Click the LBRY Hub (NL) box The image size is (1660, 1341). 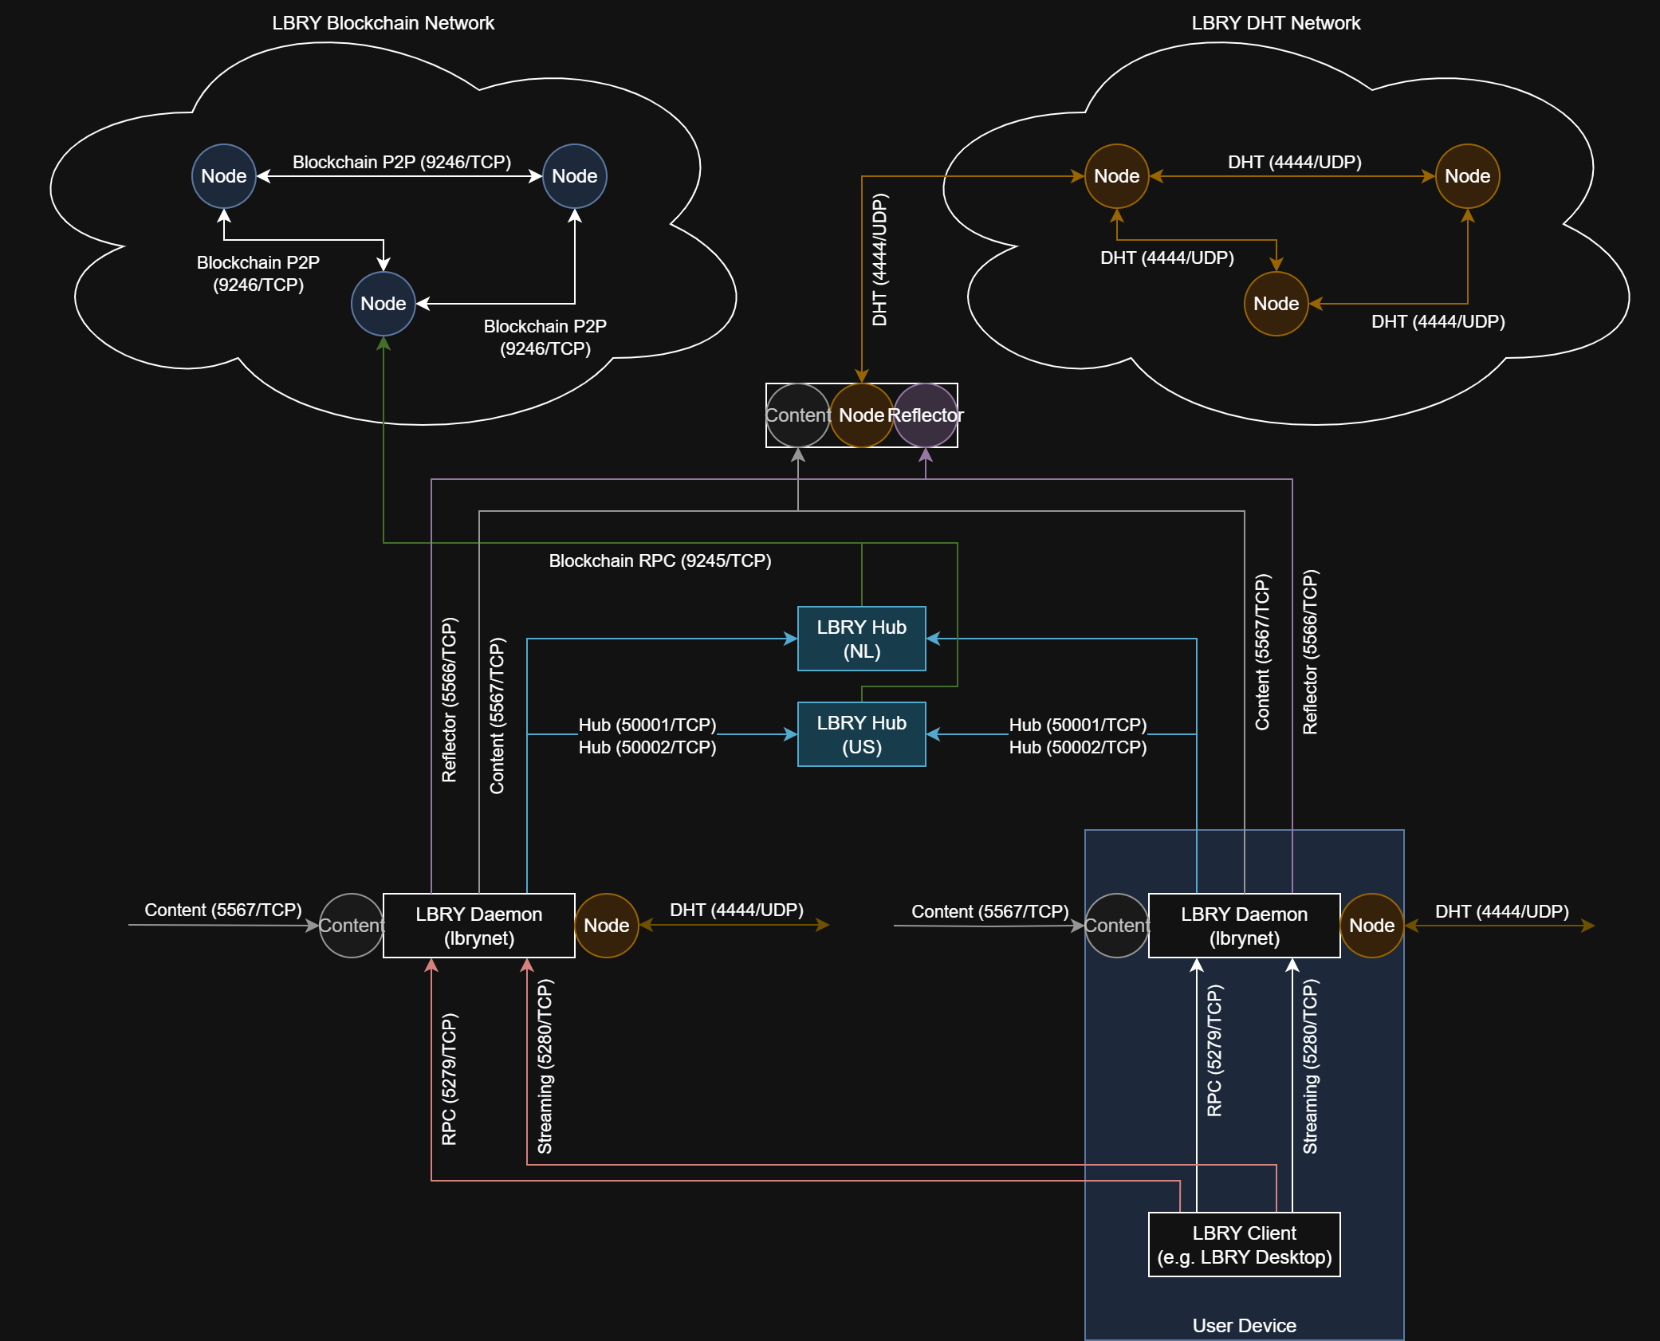point(861,639)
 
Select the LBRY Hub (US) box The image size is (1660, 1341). point(861,734)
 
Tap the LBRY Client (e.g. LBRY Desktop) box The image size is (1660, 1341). point(1244,1245)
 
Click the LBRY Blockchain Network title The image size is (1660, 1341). point(383,23)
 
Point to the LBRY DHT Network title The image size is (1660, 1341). point(1276,23)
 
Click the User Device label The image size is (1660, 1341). point(1244,1325)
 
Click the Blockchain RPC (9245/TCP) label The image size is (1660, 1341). point(659,560)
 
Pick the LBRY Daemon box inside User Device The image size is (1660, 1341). point(1244,926)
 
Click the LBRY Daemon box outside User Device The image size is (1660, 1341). point(478,926)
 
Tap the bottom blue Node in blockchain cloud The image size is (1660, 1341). point(383,304)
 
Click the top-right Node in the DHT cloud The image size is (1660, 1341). point(1467,176)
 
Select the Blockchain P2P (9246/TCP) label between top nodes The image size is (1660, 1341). point(401,162)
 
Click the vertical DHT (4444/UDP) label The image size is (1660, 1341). point(879,260)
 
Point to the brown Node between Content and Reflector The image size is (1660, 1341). point(861,415)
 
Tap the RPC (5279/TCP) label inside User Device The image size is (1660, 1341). point(1214,1051)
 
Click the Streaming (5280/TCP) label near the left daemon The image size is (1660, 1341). point(545,1067)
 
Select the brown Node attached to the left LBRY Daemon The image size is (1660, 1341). point(606,926)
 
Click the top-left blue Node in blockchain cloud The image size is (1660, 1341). point(223,176)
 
